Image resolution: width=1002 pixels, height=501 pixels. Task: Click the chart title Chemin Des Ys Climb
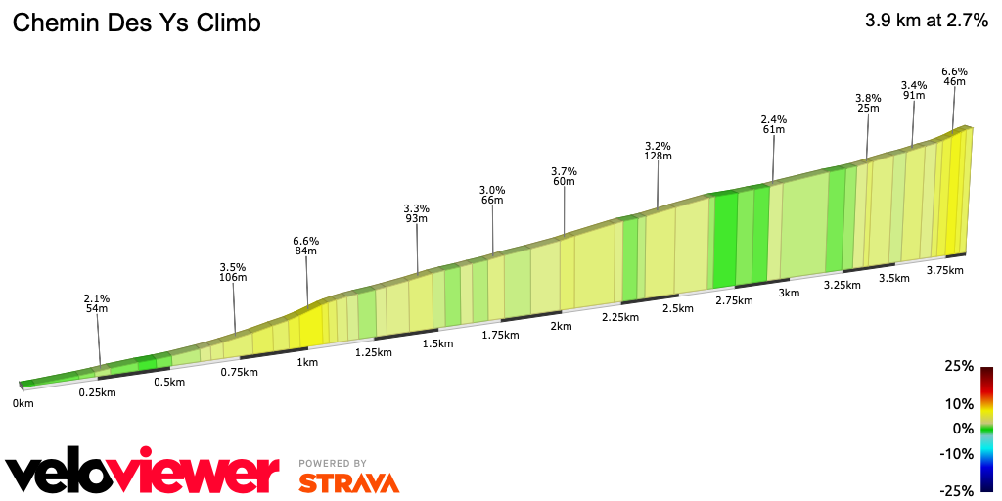point(136,23)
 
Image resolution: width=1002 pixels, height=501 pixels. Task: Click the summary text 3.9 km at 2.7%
point(926,22)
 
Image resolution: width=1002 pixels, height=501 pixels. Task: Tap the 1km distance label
point(306,362)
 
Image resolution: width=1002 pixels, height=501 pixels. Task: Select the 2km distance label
point(561,326)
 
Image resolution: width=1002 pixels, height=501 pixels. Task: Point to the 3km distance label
point(789,293)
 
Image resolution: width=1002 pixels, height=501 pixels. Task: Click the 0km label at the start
point(23,403)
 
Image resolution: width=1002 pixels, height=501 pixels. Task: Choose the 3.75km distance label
point(945,270)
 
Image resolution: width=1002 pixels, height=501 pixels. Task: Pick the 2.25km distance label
point(620,317)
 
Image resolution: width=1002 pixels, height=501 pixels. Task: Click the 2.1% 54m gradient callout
point(96,303)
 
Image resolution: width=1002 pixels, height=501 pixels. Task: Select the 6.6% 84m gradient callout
point(305,246)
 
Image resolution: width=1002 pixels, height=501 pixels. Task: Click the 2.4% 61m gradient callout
point(773,124)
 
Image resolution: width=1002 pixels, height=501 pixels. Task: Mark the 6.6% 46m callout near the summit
point(954,76)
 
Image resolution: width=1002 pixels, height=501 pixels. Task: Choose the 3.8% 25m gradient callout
point(868,103)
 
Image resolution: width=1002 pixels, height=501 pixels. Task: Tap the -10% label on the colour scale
point(957,453)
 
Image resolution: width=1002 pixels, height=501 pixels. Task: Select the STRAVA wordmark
point(348,482)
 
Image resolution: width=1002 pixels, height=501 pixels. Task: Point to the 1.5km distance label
point(437,343)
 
